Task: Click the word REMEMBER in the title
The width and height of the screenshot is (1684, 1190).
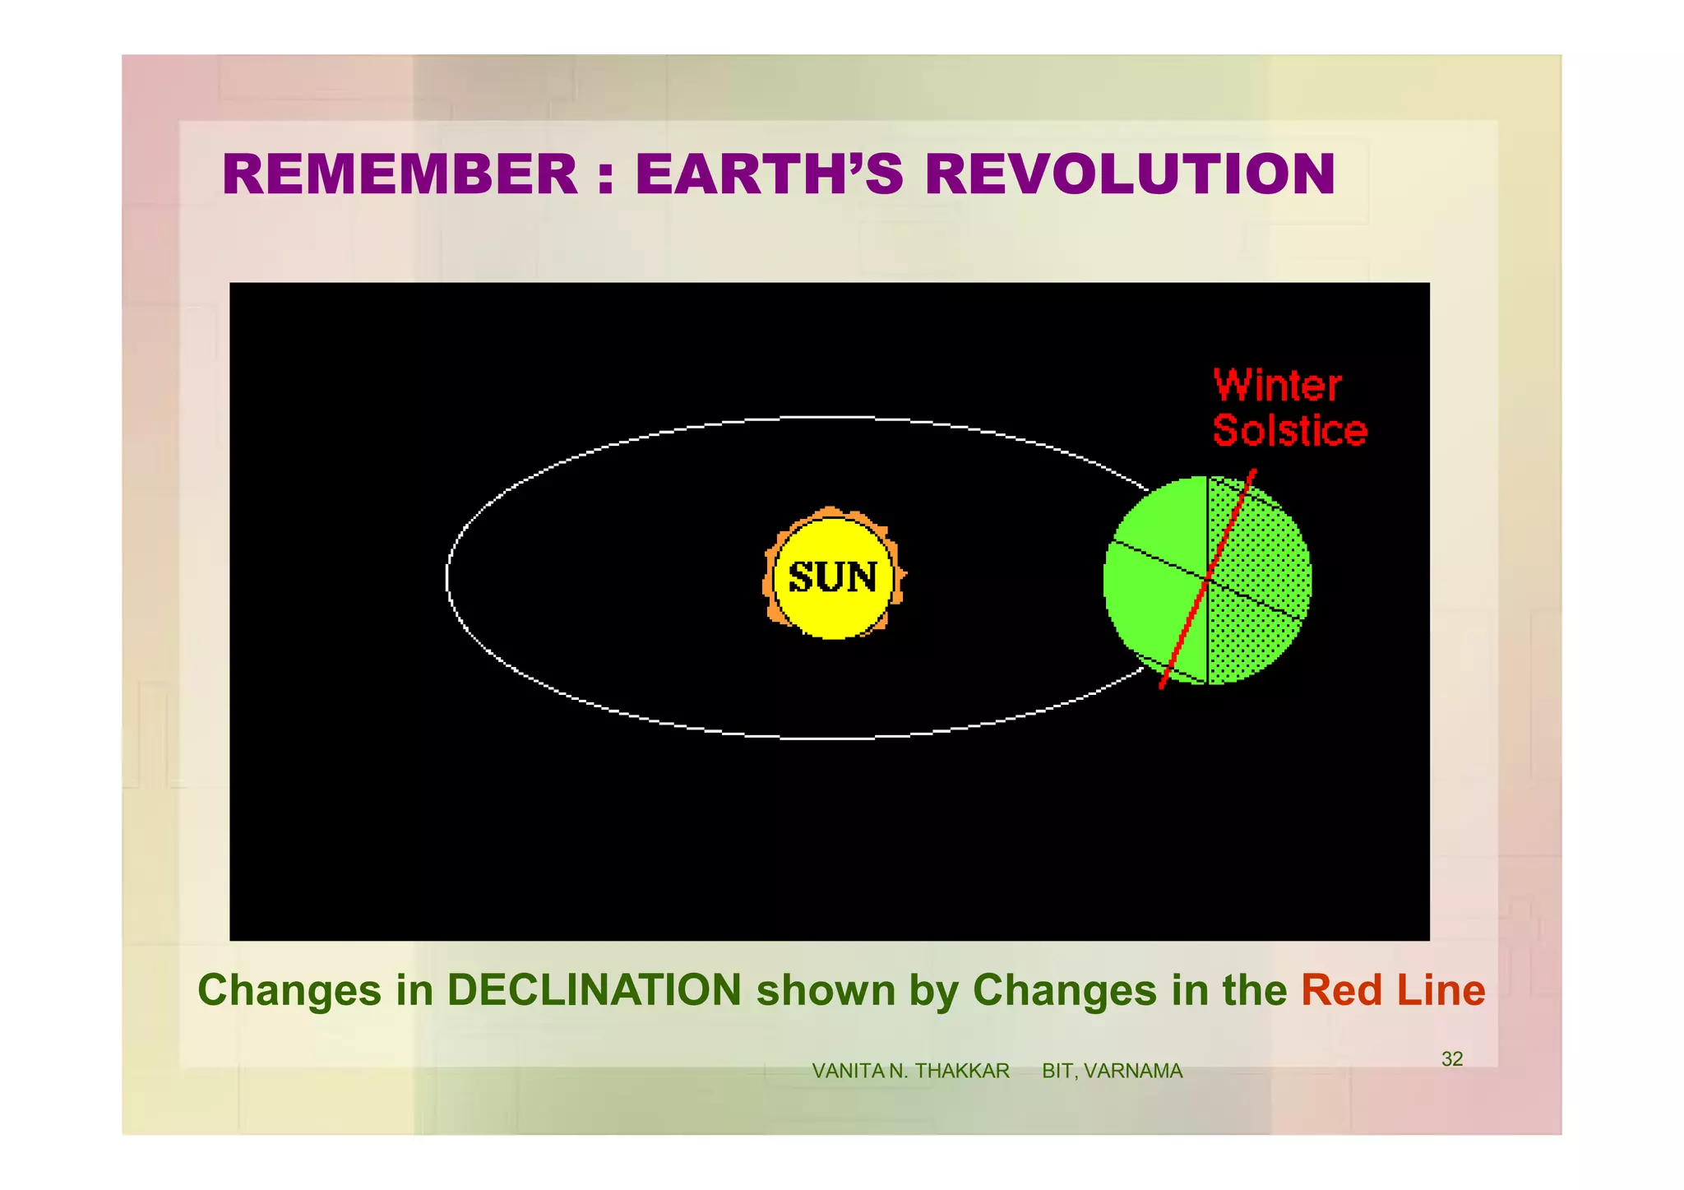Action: [x=400, y=174]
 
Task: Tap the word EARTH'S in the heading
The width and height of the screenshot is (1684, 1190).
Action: [x=769, y=174]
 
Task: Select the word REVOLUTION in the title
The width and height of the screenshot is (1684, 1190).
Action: [x=1130, y=174]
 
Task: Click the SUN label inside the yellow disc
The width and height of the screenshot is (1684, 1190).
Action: [x=833, y=577]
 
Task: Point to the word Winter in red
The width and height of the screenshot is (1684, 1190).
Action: [x=1277, y=386]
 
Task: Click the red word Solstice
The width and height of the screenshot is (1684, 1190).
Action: [x=1289, y=431]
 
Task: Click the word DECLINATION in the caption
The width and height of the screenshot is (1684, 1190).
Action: [x=594, y=990]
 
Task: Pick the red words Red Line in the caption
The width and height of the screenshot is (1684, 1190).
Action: [x=1393, y=990]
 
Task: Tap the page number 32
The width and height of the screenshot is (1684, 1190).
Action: [x=1452, y=1059]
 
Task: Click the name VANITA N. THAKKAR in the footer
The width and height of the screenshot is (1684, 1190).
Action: [x=910, y=1071]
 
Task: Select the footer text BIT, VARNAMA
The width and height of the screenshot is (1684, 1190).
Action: [x=1112, y=1071]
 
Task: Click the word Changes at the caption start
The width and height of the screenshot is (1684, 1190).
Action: [x=289, y=990]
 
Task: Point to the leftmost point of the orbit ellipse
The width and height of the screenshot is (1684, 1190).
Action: [x=447, y=577]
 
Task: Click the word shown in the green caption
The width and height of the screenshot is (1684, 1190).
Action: [x=826, y=990]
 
